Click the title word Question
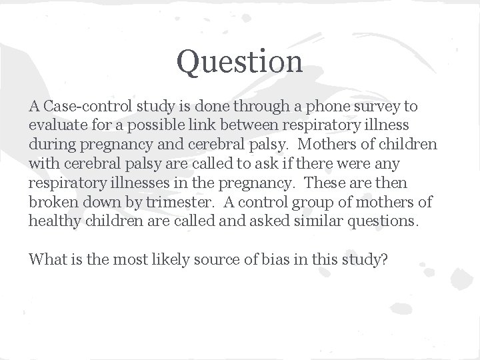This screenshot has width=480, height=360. tap(239, 62)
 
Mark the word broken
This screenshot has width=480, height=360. tap(52, 202)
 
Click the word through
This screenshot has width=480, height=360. tap(279, 107)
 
